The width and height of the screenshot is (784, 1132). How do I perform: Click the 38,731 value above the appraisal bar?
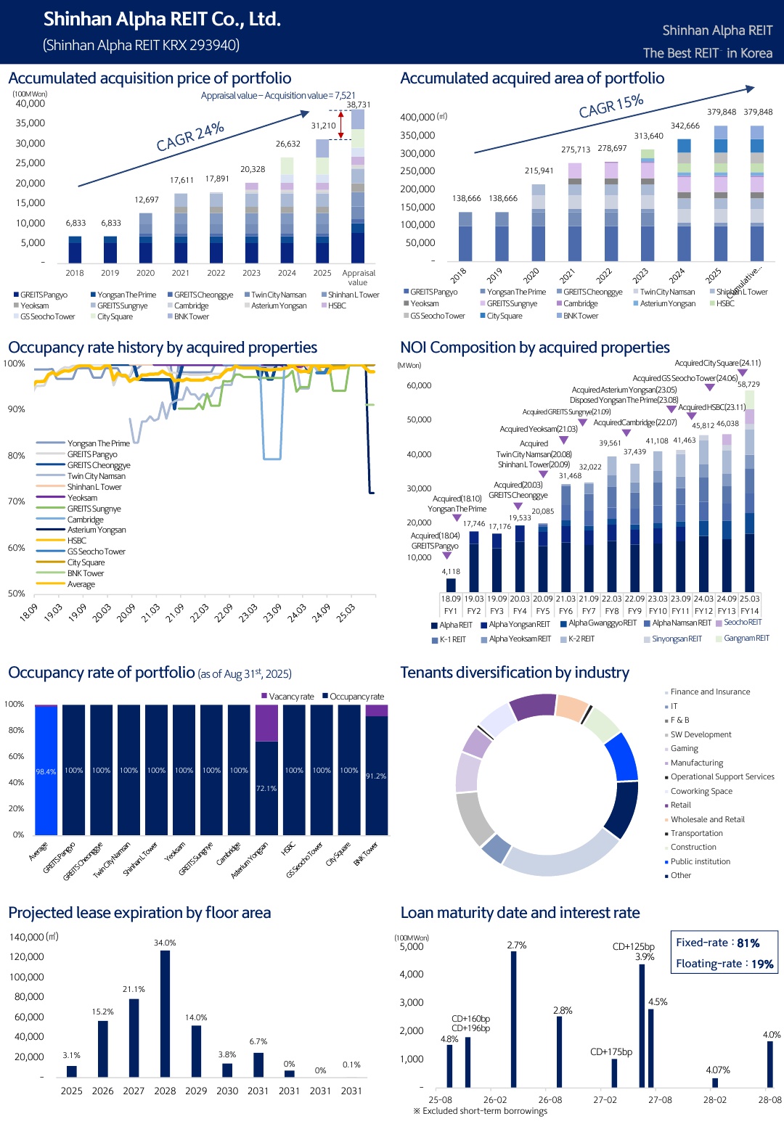pos(358,104)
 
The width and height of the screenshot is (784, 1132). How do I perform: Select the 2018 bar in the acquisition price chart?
pos(75,249)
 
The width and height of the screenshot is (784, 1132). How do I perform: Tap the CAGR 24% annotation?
pos(190,136)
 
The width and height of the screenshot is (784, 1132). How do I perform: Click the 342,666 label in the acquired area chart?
pos(685,126)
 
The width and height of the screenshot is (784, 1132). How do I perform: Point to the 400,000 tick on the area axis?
pos(417,117)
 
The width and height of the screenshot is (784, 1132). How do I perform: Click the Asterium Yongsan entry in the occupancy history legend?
pos(97,530)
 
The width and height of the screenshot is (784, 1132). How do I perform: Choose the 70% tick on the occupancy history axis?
pos(17,501)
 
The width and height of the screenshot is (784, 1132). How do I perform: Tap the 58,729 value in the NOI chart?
pos(748,385)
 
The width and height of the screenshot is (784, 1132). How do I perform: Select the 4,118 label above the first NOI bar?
pos(451,572)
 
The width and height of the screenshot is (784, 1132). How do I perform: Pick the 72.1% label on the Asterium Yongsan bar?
pos(266,788)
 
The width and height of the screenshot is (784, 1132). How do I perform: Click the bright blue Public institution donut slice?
pos(622,756)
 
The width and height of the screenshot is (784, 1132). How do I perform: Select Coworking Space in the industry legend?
pos(701,791)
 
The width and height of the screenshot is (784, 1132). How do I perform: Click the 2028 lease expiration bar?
pos(165,1013)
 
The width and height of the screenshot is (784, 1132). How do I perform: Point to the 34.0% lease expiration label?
pos(165,943)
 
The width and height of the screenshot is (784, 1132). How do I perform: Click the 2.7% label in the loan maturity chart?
pos(517,946)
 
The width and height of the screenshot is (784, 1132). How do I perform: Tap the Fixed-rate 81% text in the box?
pos(717,943)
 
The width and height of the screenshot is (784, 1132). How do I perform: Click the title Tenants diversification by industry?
pos(515,673)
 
